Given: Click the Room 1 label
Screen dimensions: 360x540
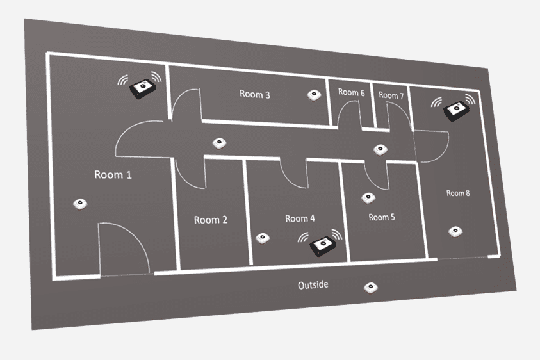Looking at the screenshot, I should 113,174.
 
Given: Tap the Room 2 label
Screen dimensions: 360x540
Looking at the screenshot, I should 211,220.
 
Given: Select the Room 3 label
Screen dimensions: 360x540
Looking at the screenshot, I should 255,94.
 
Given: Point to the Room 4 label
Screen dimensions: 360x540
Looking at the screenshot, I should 300,218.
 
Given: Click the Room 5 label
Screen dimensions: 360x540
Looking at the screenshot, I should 382,217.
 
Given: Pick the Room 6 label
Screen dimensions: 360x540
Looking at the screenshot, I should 352,92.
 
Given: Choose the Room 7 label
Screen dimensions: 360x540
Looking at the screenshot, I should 391,95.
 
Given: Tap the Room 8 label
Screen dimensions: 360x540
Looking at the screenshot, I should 459,193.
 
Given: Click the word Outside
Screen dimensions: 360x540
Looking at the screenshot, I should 314,284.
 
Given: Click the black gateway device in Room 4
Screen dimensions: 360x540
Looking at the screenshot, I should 322,243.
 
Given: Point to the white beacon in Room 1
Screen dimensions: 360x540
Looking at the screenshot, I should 80,204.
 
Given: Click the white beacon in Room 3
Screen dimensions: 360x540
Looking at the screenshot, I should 313,95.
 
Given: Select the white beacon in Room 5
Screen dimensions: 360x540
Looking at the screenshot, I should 368,198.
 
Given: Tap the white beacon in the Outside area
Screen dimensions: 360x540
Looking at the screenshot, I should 369,287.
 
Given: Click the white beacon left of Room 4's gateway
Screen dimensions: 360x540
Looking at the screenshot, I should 261,238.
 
